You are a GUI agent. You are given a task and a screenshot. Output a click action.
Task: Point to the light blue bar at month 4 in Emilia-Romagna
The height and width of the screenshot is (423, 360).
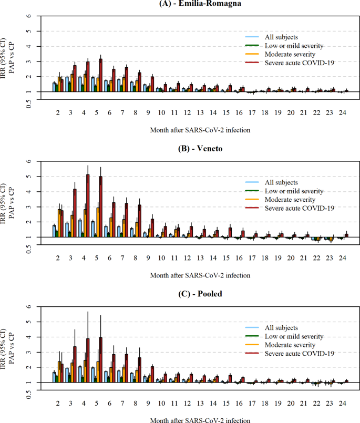80,84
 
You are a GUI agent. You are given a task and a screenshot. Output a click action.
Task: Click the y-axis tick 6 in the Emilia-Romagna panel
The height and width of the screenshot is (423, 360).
30,16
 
